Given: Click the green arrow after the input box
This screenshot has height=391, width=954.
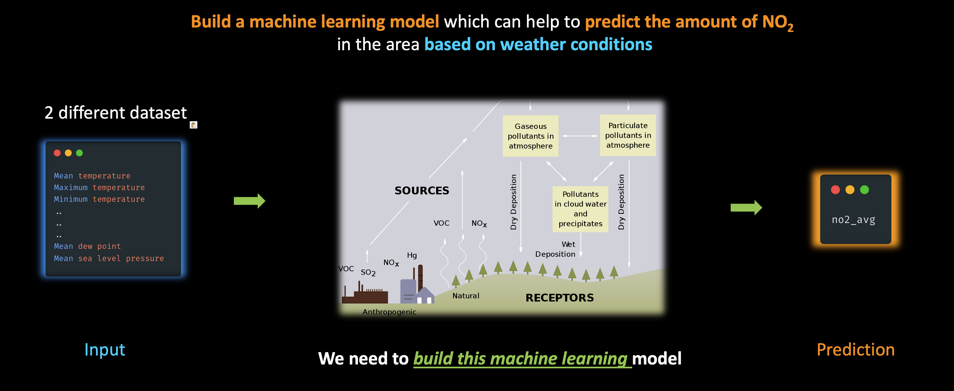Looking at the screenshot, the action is (249, 201).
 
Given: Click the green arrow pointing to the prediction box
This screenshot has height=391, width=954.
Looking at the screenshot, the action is (746, 208).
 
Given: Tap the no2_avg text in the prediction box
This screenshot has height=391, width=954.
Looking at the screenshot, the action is (853, 220).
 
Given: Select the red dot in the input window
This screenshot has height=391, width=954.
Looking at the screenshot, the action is (57, 153).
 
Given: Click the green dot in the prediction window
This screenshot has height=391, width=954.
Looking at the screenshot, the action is (864, 190).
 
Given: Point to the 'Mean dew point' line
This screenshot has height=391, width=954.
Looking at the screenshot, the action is (87, 246).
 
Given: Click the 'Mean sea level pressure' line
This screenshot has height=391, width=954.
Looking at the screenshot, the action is (109, 258).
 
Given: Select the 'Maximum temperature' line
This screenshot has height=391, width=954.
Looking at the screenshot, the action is (99, 187).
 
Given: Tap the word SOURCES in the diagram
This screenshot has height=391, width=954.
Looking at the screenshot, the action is (422, 190).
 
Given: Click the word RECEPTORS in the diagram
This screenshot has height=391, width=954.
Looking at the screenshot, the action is (560, 298).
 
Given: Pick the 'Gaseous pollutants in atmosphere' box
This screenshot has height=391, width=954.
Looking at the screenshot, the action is (530, 136).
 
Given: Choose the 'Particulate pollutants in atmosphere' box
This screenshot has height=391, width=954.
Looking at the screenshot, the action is (628, 135).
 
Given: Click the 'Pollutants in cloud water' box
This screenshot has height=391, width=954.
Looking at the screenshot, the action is (580, 209).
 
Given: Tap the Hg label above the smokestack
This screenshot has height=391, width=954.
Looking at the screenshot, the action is (412, 255).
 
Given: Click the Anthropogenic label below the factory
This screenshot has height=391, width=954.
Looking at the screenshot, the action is (389, 312).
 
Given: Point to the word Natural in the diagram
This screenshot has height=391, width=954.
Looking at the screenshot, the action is (466, 295).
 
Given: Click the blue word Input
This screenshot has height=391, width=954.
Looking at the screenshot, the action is (105, 349).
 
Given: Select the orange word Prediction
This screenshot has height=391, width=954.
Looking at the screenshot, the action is (855, 349).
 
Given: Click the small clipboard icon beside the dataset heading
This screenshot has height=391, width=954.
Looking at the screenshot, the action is (193, 125).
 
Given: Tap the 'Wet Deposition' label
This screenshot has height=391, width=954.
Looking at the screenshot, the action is (555, 249).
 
